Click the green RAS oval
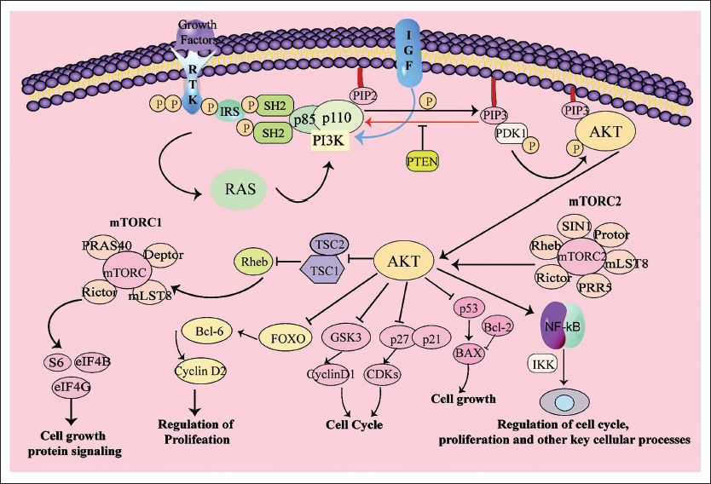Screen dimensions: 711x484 (239, 189)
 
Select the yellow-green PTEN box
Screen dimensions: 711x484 (423, 162)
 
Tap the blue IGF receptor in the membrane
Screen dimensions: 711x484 (409, 53)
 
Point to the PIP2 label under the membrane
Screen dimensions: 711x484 (363, 95)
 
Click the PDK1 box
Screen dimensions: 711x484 (512, 134)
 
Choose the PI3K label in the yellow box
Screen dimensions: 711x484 (330, 141)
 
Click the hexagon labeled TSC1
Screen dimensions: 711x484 (324, 271)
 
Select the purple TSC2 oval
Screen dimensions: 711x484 (329, 245)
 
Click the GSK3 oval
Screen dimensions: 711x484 (345, 337)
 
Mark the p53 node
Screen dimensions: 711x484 (468, 309)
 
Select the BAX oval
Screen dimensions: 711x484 (469, 353)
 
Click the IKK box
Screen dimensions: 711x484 (542, 364)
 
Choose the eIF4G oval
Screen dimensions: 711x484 (72, 388)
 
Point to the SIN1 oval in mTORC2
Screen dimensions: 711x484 (575, 226)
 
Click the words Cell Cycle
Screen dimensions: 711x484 (354, 425)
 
